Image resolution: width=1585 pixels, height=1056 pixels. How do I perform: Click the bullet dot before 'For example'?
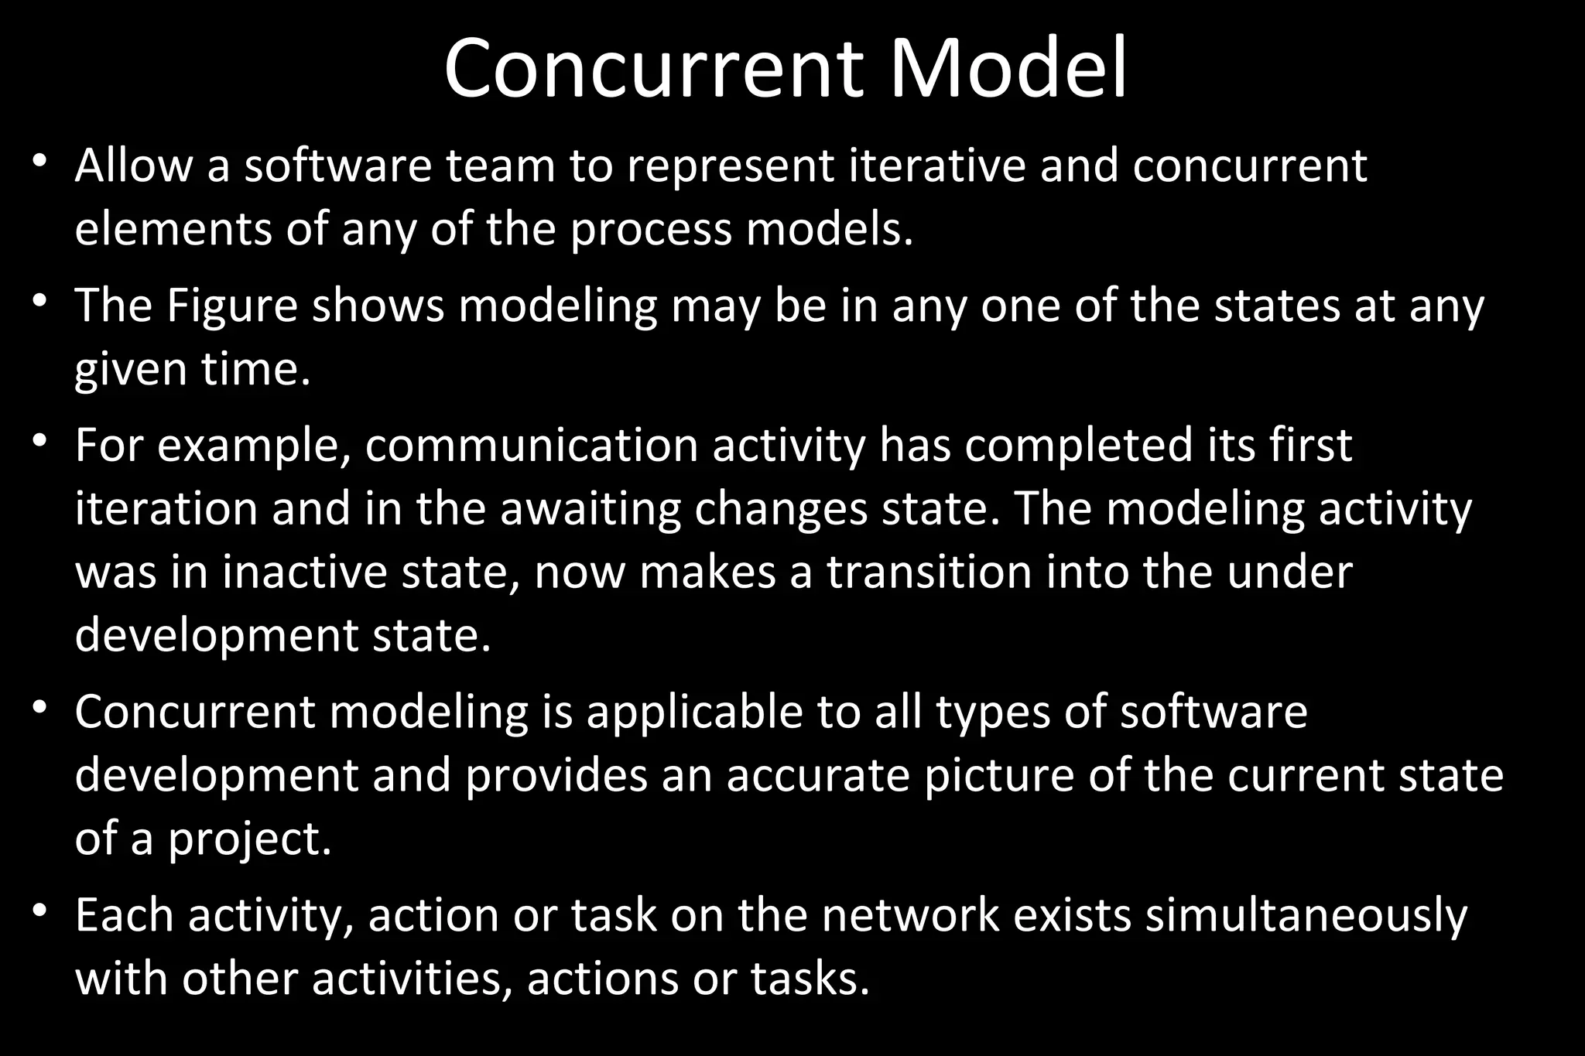(x=41, y=443)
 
